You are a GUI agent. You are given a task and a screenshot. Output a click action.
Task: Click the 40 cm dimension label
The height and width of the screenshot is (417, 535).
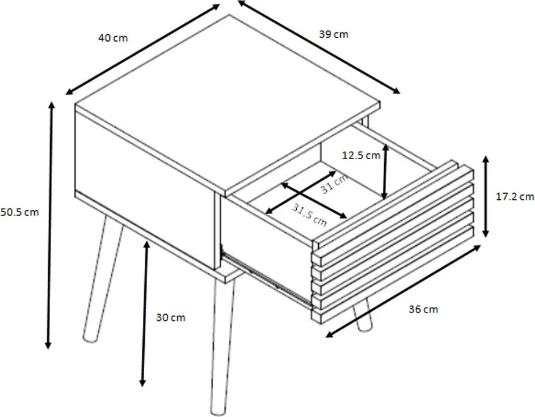click(x=113, y=37)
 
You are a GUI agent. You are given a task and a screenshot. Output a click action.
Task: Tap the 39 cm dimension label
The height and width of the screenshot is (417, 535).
click(x=333, y=34)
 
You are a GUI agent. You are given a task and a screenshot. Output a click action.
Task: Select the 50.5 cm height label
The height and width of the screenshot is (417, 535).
click(x=20, y=212)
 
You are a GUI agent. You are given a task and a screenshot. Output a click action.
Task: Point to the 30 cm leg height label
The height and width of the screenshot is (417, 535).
click(x=170, y=317)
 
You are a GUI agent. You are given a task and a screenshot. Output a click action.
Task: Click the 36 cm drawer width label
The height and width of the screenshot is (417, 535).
click(x=423, y=309)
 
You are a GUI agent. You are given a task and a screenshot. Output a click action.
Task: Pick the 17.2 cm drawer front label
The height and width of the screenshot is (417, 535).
click(x=515, y=196)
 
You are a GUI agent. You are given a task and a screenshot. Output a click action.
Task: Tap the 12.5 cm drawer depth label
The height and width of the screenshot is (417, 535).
click(x=361, y=155)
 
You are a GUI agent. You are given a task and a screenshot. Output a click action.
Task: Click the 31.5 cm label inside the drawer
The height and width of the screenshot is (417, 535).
click(x=309, y=215)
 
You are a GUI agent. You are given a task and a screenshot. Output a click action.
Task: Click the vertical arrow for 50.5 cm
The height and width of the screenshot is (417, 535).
click(x=50, y=226)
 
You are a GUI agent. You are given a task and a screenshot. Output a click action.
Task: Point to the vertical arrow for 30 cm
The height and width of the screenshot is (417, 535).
click(x=145, y=314)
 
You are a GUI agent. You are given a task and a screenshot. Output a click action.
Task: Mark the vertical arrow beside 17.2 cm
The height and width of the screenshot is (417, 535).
click(x=486, y=196)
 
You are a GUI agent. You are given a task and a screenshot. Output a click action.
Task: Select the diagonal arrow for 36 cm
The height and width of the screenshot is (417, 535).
click(x=403, y=291)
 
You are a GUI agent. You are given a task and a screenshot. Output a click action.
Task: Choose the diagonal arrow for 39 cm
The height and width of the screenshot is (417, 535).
click(x=319, y=47)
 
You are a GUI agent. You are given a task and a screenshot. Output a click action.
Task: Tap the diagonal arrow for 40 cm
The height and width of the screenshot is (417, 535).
click(x=143, y=49)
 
